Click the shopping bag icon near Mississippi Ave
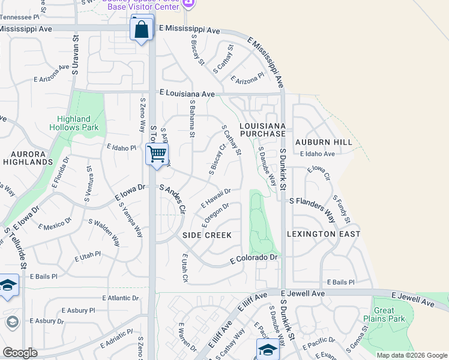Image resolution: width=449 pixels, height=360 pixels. pyautogui.click(x=141, y=29)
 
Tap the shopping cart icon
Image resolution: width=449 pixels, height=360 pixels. pyautogui.click(x=157, y=154)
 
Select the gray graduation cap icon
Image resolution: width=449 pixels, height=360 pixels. pyautogui.click(x=12, y=323)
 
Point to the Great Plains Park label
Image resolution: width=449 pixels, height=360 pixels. pyautogui.click(x=391, y=314)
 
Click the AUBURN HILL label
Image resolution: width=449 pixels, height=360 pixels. pyautogui.click(x=324, y=142)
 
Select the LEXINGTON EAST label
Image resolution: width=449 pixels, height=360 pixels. pyautogui.click(x=324, y=233)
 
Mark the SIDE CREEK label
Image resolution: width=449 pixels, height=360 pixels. pyautogui.click(x=207, y=235)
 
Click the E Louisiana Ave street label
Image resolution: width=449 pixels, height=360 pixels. pyautogui.click(x=187, y=94)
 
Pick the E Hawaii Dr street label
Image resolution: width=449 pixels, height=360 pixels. pyautogui.click(x=216, y=197)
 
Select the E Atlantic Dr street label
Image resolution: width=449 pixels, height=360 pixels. pyautogui.click(x=121, y=298)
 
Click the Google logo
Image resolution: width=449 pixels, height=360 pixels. pyautogui.click(x=20, y=353)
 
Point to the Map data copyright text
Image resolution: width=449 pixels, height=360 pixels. pyautogui.click(x=411, y=355)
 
